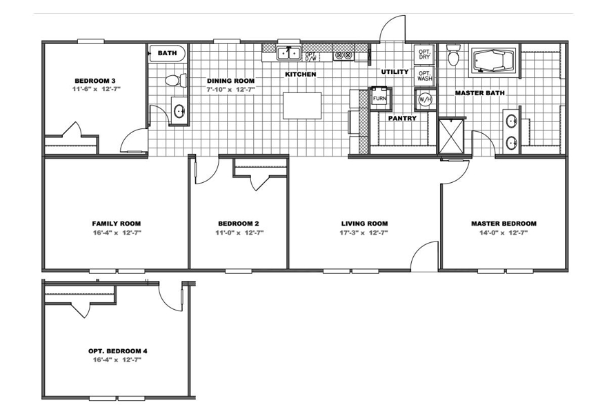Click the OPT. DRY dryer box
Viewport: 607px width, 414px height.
point(424,55)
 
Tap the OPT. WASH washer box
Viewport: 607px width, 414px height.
point(424,75)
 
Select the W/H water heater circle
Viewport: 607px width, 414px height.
point(424,99)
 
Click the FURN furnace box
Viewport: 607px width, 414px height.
point(380,98)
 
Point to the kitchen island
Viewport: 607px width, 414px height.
point(302,106)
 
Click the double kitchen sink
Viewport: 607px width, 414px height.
point(289,53)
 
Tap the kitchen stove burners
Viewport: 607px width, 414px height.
point(344,56)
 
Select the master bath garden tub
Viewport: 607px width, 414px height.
point(492,61)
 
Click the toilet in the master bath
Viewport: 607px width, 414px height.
point(452,55)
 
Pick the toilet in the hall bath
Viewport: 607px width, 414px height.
point(175,81)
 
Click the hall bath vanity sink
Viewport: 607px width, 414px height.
point(179,111)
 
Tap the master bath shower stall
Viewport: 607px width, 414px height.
point(450,136)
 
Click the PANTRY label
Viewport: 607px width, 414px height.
point(402,119)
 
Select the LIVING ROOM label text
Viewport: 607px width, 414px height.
point(364,224)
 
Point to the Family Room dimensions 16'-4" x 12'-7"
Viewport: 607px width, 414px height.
point(117,233)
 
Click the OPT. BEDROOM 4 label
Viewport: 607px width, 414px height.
point(118,351)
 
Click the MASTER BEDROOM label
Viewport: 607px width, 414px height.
point(504,224)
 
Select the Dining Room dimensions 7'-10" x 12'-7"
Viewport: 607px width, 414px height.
point(230,90)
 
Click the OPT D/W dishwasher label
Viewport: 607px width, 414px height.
point(310,57)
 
